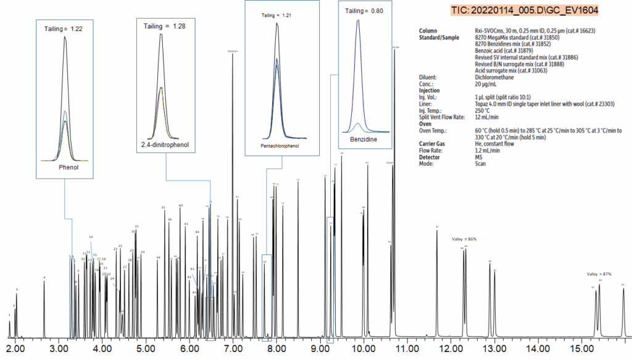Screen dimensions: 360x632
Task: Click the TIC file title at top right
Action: (x=525, y=11)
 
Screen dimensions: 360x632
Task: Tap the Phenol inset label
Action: (x=65, y=167)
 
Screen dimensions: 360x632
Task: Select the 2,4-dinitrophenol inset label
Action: (x=166, y=146)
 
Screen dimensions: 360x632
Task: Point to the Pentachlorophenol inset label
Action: (x=280, y=147)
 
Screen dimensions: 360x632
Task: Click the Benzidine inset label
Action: (x=364, y=140)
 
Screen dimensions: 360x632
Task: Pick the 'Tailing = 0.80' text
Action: (x=363, y=10)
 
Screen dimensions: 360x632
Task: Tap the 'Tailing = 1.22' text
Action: (x=64, y=29)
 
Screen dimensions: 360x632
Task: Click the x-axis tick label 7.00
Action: (x=232, y=349)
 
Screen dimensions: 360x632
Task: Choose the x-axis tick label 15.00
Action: (x=581, y=349)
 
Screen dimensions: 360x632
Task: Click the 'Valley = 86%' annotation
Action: (x=464, y=238)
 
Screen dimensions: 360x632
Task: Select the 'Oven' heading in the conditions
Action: (x=425, y=123)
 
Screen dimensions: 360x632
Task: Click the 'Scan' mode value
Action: (x=480, y=164)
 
